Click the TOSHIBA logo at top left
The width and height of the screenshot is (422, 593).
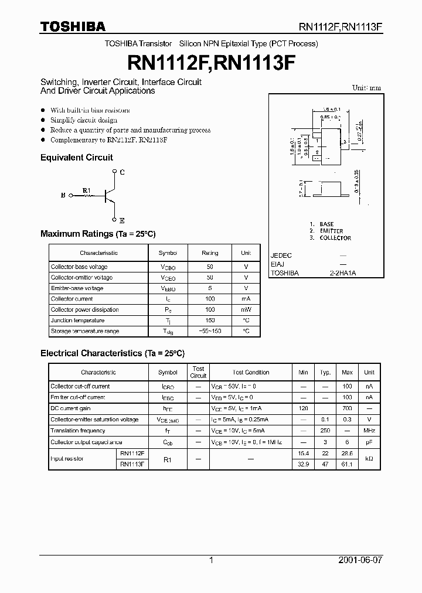point(73,26)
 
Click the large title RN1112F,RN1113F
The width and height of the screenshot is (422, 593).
point(211,63)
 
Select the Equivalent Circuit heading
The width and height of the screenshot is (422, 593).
point(76,158)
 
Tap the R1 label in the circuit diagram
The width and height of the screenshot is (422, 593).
point(87,190)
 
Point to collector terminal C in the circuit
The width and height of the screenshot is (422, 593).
point(122,172)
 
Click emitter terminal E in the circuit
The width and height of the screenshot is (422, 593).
point(122,221)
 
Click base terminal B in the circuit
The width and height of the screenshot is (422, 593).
point(63,196)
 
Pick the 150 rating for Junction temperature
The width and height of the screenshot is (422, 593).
point(210,321)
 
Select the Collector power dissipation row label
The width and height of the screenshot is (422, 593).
point(84,310)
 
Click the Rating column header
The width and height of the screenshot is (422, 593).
point(210,253)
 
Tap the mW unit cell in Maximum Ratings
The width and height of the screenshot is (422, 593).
point(246,310)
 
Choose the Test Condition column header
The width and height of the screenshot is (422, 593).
point(251,373)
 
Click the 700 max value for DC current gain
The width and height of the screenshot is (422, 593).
point(347,408)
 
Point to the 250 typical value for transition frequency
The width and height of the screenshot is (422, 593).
point(325,431)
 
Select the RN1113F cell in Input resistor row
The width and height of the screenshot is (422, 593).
point(132,464)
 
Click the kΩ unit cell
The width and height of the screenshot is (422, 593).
point(369,459)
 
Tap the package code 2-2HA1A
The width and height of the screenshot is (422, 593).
point(343,273)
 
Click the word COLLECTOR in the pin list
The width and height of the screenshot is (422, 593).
point(335,238)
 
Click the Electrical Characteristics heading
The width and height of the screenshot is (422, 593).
point(112,353)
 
